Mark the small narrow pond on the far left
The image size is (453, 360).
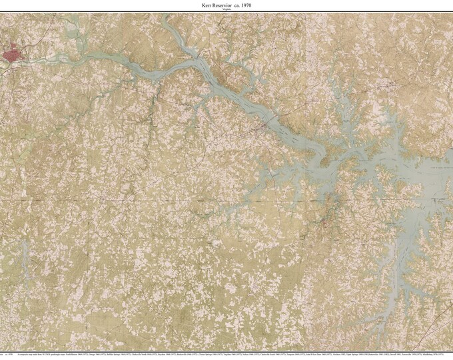pyautogui.click(x=23, y=257)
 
